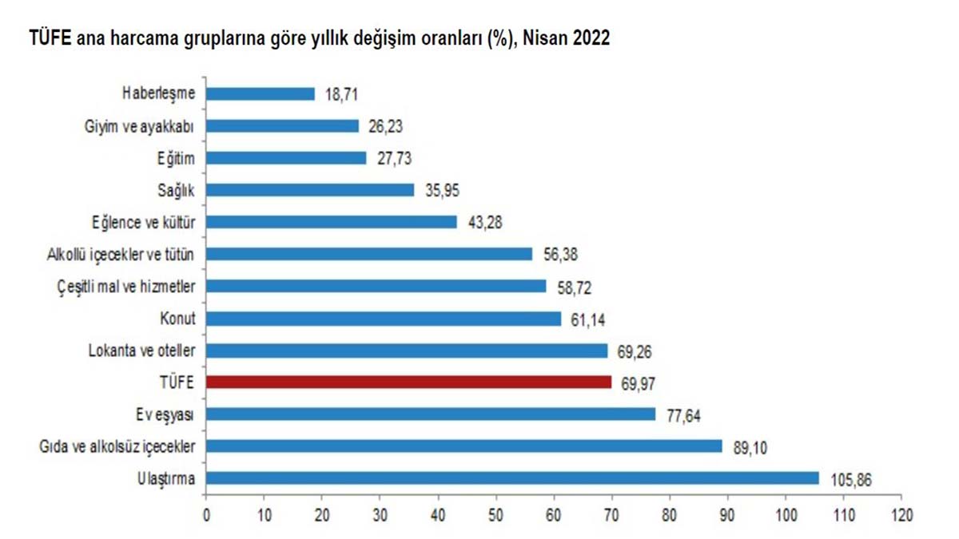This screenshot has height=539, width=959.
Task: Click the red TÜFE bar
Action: [x=409, y=382]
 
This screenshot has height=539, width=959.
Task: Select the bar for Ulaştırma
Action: [x=512, y=478]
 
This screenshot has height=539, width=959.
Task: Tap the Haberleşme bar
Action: [x=261, y=93]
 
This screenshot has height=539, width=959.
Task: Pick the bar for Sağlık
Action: [x=310, y=189]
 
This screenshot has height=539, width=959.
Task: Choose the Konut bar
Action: [x=384, y=319]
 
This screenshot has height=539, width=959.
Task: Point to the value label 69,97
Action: [x=635, y=382]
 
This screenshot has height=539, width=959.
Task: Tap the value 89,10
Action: [x=745, y=446]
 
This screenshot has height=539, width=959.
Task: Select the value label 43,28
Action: [x=479, y=221]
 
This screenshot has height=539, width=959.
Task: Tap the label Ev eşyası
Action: [x=165, y=414]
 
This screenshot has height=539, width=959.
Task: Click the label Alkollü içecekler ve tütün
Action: [x=121, y=254]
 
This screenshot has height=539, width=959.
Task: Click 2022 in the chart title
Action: [x=592, y=38]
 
